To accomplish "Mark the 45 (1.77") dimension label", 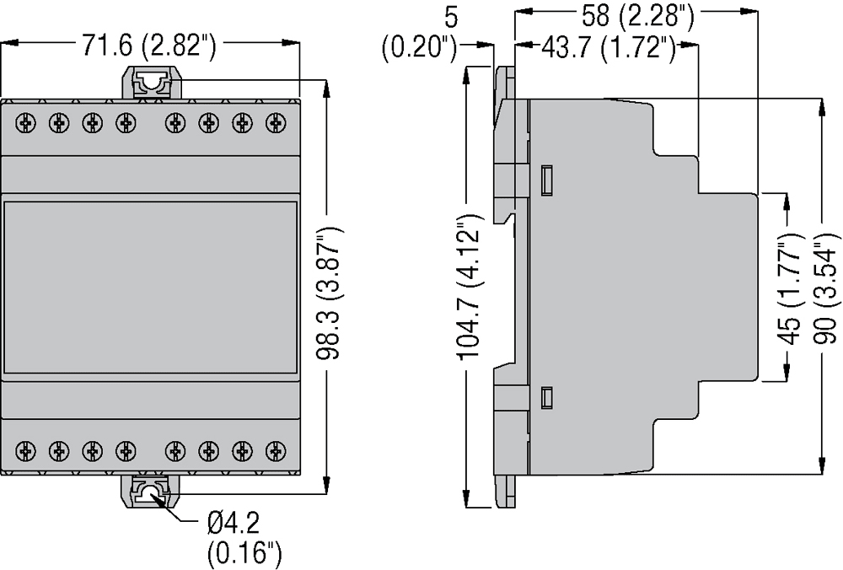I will tap(788, 287).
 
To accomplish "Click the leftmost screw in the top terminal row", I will tap(27, 123).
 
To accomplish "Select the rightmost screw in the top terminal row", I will tap(273, 123).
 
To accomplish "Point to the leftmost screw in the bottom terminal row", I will tap(27, 449).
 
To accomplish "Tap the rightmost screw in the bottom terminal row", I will tap(273, 449).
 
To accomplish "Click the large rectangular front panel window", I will tap(151, 287).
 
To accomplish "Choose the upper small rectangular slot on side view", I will tap(545, 178).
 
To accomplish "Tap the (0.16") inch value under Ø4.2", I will tap(244, 554).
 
